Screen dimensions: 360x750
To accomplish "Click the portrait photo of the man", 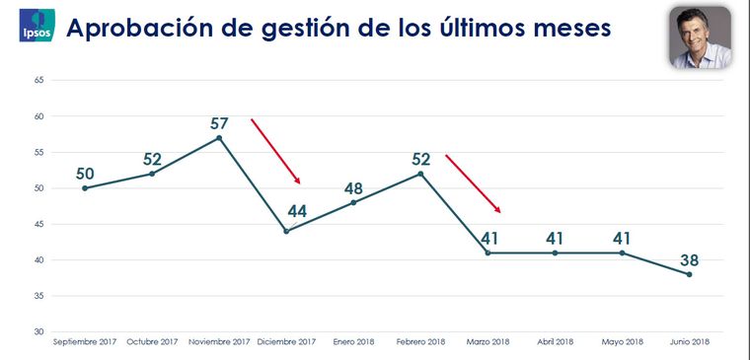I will point(701,37).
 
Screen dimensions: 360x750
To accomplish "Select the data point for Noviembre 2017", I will point(219,138).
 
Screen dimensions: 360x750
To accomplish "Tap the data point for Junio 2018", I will point(689,274).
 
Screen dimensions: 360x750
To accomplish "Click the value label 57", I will point(219,124).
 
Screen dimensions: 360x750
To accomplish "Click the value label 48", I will point(354,188).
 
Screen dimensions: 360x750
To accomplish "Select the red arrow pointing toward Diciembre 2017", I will point(275,151).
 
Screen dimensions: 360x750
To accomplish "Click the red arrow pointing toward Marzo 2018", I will point(474,183).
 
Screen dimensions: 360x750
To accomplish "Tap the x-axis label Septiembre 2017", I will point(85,342).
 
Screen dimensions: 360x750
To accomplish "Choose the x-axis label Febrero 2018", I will point(421,342).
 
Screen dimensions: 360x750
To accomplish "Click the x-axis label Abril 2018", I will point(555,342).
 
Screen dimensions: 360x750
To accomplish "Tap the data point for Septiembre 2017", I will point(85,188).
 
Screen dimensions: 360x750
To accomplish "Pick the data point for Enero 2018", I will point(353,202).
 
